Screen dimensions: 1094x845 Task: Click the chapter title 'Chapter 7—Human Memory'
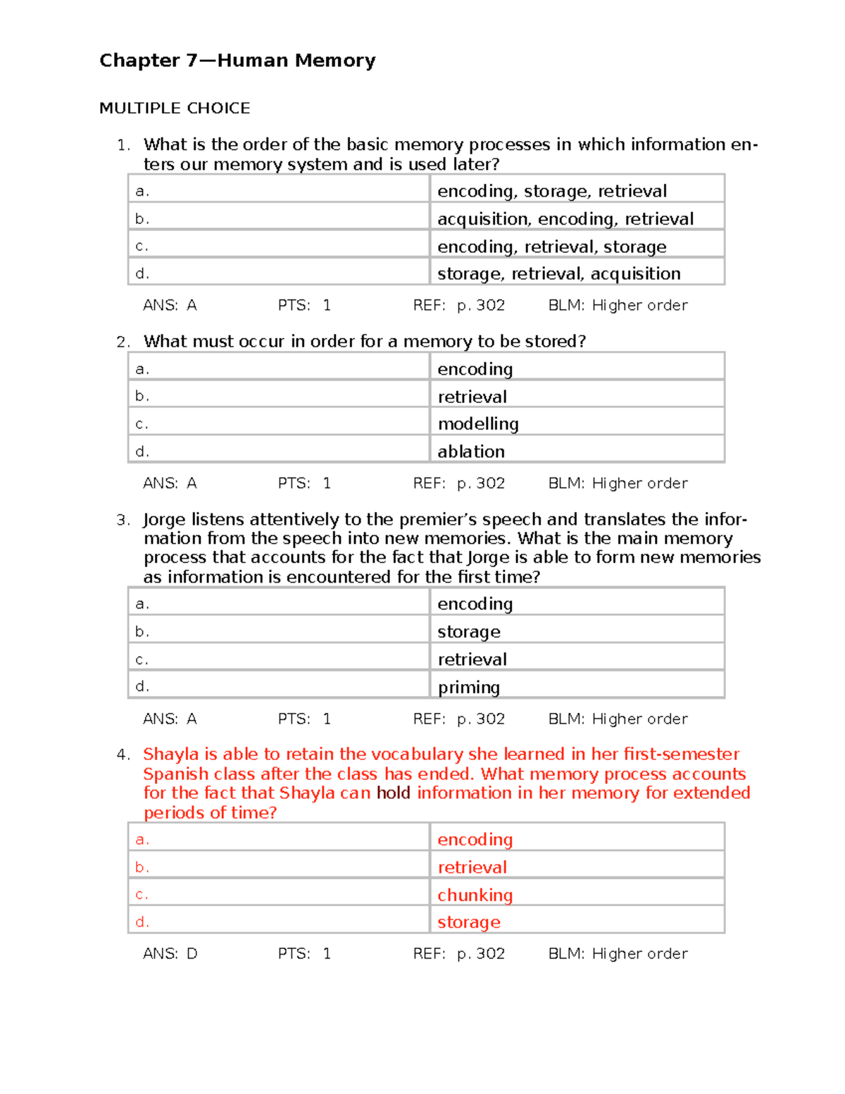[x=237, y=61]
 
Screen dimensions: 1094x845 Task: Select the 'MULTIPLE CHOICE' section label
[x=175, y=108]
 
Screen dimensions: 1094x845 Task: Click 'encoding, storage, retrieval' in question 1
[x=551, y=191]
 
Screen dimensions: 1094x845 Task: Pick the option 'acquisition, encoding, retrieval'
[x=565, y=219]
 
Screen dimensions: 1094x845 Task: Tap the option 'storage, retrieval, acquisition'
[x=558, y=273]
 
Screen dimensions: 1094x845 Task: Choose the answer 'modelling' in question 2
[x=478, y=423]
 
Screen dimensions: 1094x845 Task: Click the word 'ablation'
[x=471, y=452]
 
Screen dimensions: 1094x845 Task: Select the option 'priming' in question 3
[x=468, y=687]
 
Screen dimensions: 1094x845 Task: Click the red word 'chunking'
[x=475, y=895]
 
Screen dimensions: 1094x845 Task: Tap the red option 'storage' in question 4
[x=468, y=922]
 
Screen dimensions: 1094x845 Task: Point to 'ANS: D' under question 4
[x=170, y=954]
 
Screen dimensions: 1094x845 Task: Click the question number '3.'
[x=123, y=520]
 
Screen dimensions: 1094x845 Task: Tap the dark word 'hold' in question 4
[x=393, y=793]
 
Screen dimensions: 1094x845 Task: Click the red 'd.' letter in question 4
[x=142, y=921]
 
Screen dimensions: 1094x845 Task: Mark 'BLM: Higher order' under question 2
[x=618, y=483]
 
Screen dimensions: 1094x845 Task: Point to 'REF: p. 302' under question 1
[x=458, y=305]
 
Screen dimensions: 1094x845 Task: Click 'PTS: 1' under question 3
[x=303, y=719]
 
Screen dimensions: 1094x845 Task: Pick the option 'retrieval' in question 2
[x=472, y=397]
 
